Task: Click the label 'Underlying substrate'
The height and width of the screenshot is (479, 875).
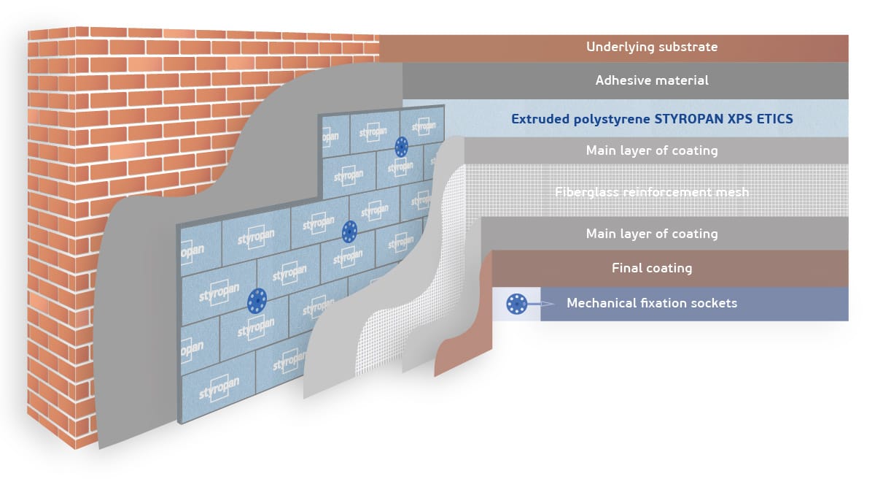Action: point(652,47)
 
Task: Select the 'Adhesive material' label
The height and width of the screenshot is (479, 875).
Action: point(652,80)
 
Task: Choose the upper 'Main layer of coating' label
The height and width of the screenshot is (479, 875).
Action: point(652,150)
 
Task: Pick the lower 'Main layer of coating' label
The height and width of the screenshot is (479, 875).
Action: point(652,234)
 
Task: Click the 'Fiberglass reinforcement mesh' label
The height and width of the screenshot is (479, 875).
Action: point(652,192)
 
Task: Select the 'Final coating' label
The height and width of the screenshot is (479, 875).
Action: point(652,268)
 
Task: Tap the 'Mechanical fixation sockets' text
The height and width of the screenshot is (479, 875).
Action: point(652,303)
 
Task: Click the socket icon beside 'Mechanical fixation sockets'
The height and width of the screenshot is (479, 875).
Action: point(517,303)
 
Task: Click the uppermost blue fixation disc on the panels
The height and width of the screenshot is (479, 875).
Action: point(401,147)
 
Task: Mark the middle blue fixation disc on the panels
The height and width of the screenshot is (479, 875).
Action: point(350,232)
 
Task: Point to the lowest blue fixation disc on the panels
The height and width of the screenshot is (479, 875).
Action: point(257,299)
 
